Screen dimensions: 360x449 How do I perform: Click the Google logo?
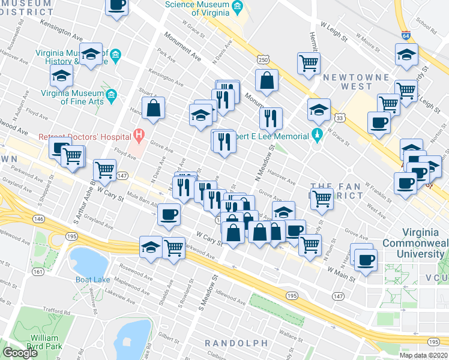20,353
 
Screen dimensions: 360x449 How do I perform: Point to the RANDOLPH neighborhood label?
236,343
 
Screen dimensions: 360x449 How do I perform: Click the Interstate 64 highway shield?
406,35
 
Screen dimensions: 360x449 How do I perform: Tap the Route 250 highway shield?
262,59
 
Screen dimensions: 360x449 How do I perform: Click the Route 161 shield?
38,271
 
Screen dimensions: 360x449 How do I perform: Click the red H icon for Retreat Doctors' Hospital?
139,136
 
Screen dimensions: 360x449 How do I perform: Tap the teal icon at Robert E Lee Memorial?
316,133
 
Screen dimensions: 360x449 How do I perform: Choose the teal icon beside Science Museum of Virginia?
237,7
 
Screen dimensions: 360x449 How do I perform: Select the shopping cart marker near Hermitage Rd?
308,62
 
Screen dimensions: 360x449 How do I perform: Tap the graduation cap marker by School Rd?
406,55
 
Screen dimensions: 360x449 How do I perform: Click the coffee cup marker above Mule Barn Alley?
169,214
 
